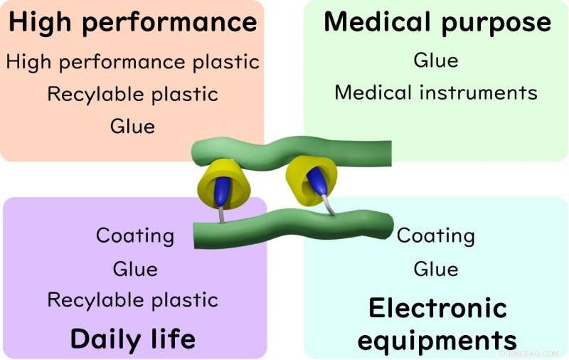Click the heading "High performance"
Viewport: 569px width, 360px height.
click(133, 23)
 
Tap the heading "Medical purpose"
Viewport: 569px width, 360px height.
click(437, 23)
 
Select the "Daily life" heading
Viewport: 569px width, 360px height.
click(133, 339)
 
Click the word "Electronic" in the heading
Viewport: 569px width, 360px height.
click(437, 308)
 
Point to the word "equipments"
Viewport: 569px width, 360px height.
click(437, 340)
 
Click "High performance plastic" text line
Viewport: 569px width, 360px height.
click(133, 62)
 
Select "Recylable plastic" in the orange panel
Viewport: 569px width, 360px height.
click(133, 95)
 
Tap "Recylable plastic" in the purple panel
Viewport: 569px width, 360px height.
click(133, 300)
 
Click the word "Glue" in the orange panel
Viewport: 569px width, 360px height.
click(133, 127)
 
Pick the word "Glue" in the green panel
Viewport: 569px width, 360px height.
click(436, 60)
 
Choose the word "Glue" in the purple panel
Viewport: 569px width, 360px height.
click(135, 269)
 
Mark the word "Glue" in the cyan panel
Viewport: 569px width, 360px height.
click(436, 269)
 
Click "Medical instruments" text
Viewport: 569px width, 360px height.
click(436, 92)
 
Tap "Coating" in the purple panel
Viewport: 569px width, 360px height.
click(135, 236)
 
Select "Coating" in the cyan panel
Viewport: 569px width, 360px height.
click(436, 236)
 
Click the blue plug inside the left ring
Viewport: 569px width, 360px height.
click(222, 191)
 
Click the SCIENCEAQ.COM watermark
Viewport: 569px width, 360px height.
click(529, 354)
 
